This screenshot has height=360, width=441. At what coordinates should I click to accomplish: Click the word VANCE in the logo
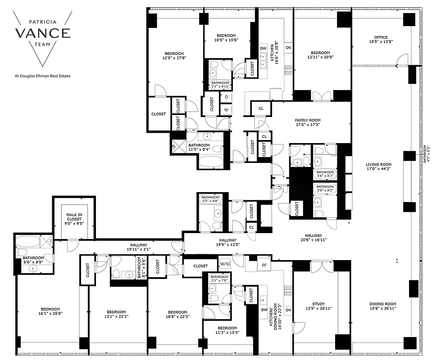click(43, 32)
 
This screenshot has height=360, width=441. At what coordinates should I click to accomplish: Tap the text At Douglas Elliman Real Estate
click(43, 76)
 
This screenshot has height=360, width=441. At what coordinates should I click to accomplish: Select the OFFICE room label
click(381, 37)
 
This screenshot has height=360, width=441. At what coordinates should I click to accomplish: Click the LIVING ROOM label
click(378, 164)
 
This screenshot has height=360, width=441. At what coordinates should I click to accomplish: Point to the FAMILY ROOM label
click(308, 120)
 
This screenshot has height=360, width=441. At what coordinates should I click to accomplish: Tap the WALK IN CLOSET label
click(73, 216)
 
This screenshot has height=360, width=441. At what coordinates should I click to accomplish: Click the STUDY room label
click(318, 304)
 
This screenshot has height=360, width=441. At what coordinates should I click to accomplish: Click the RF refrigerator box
click(265, 265)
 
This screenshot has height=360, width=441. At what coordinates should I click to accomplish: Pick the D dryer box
click(226, 97)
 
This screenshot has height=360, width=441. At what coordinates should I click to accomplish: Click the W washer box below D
click(226, 109)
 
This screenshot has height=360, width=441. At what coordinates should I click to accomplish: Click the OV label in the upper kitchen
click(288, 48)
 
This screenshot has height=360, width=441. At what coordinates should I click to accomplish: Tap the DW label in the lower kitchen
click(263, 310)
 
